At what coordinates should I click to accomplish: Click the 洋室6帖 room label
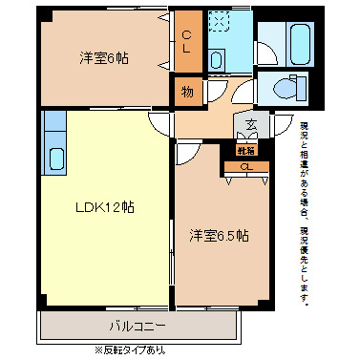pos(104,58)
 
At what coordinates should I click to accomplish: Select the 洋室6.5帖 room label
pos(219,235)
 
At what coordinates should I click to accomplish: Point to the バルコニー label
pos(137,326)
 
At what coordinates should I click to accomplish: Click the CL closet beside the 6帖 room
pos(187,41)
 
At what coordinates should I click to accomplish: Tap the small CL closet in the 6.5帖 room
pos(246,168)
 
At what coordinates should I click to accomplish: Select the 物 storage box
pos(187,93)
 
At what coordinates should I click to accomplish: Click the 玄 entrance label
pos(252,124)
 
